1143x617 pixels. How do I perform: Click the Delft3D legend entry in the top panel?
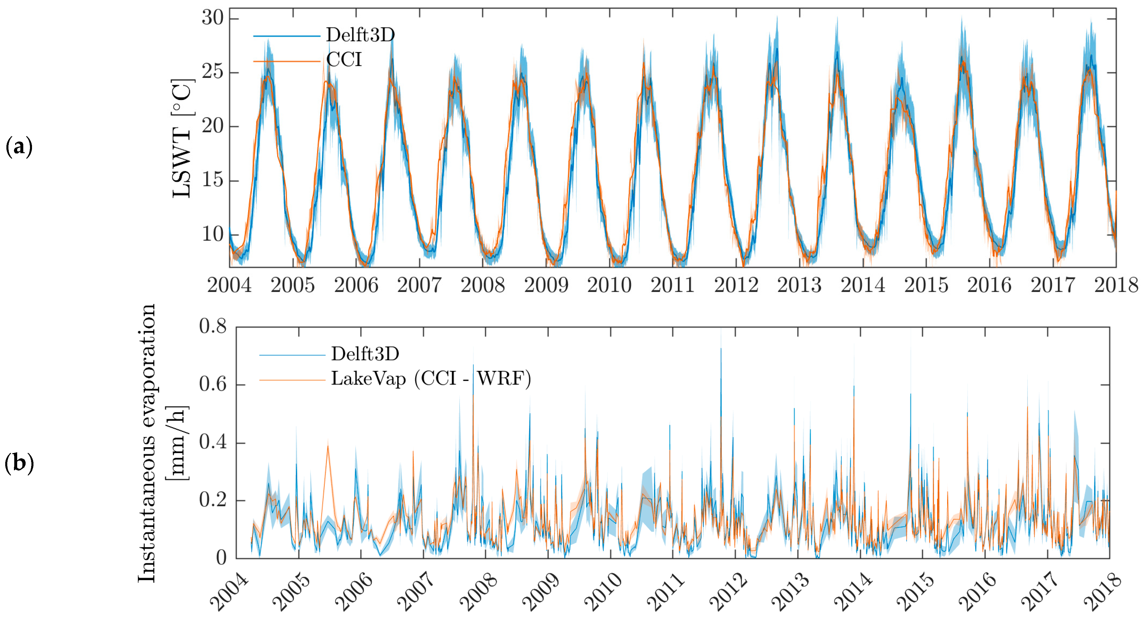coord(360,35)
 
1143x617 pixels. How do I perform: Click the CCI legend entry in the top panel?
coord(344,59)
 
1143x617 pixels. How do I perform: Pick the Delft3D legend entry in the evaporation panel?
coord(365,354)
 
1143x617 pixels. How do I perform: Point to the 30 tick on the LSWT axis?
coord(213,18)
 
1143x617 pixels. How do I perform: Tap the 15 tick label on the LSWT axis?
coord(213,180)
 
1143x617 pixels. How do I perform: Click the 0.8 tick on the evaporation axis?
coord(213,327)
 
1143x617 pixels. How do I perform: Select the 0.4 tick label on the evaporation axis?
coord(213,442)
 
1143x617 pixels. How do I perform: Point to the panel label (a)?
coord(19,147)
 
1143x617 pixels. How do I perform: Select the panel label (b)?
coord(19,463)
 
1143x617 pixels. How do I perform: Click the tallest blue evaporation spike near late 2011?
coord(721,350)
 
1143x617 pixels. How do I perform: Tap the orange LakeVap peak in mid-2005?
coord(328,446)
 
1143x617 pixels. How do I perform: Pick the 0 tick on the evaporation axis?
coord(221,558)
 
